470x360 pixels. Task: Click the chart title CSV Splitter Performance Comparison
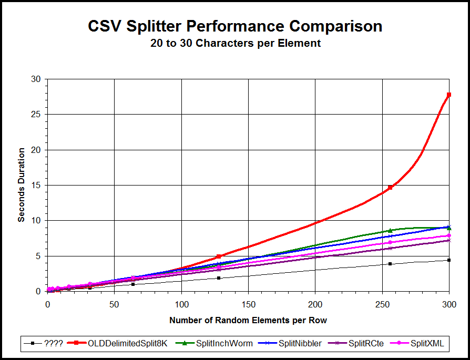pyautogui.click(x=234, y=26)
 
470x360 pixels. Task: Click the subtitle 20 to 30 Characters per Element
pyautogui.click(x=234, y=44)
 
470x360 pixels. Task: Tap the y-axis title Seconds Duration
pyautogui.click(x=22, y=185)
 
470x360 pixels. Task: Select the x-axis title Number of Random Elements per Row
pyautogui.click(x=248, y=320)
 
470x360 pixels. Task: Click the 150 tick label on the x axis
pyautogui.click(x=248, y=304)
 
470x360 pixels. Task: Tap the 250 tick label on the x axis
pyautogui.click(x=382, y=304)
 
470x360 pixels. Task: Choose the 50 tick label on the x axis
pyautogui.click(x=115, y=304)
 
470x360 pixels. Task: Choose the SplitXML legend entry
pyautogui.click(x=426, y=344)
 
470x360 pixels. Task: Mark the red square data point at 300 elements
pyautogui.click(x=449, y=95)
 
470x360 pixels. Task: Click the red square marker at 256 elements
pyautogui.click(x=390, y=188)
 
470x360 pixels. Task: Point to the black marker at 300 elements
pyautogui.click(x=449, y=260)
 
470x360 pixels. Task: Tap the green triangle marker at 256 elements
pyautogui.click(x=390, y=230)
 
